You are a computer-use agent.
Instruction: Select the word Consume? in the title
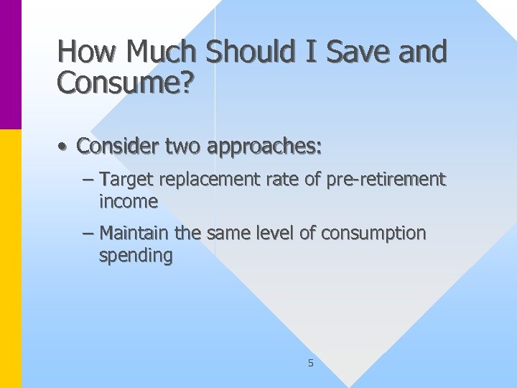click(125, 83)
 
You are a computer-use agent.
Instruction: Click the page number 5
click(310, 364)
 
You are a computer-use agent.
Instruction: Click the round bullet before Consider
click(64, 147)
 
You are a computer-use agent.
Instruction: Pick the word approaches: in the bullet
click(264, 147)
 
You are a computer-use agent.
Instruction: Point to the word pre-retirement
click(386, 179)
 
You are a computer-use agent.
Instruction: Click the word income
click(129, 202)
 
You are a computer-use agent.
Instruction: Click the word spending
click(136, 257)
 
